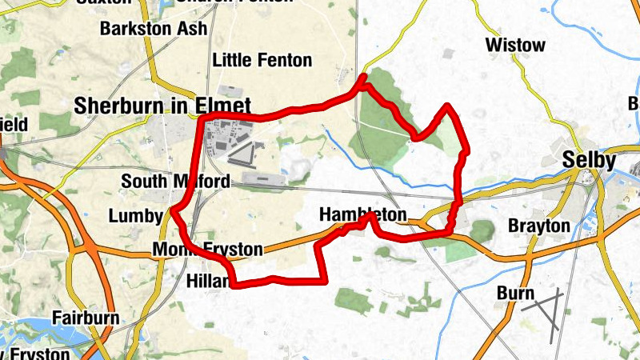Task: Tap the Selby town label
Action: [589, 160]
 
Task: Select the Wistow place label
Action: [514, 45]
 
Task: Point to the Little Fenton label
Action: [262, 60]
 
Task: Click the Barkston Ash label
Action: [154, 28]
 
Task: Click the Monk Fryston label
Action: [207, 250]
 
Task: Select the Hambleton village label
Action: [362, 215]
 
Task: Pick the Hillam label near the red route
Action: [206, 281]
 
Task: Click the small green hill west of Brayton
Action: [482, 231]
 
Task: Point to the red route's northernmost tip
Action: [364, 77]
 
